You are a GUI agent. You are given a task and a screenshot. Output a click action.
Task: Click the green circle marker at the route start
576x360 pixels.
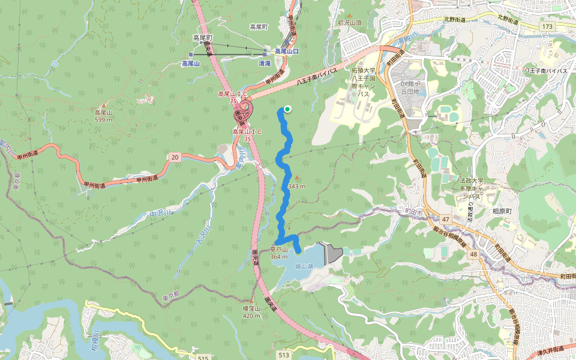tap(287, 109)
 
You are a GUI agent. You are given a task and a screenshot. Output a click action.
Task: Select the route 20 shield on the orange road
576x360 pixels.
tap(175, 157)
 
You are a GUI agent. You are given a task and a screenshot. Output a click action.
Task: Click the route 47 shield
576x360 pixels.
tap(446, 220)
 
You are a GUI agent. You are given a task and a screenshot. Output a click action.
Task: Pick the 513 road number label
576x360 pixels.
tap(284, 355)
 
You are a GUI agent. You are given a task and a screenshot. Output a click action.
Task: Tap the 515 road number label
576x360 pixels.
tap(203, 358)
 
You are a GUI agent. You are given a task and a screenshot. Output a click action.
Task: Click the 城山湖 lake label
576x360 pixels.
tap(304, 266)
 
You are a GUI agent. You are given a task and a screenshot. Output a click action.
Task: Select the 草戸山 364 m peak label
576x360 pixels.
tap(279, 253)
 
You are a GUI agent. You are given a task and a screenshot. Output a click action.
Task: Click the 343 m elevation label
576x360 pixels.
tap(296, 186)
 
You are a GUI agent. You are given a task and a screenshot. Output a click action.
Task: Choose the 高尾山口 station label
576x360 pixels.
tap(287, 52)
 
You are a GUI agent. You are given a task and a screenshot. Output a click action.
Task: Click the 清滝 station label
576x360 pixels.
tap(265, 63)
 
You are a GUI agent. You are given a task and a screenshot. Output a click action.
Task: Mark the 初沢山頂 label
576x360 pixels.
tap(350, 23)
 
